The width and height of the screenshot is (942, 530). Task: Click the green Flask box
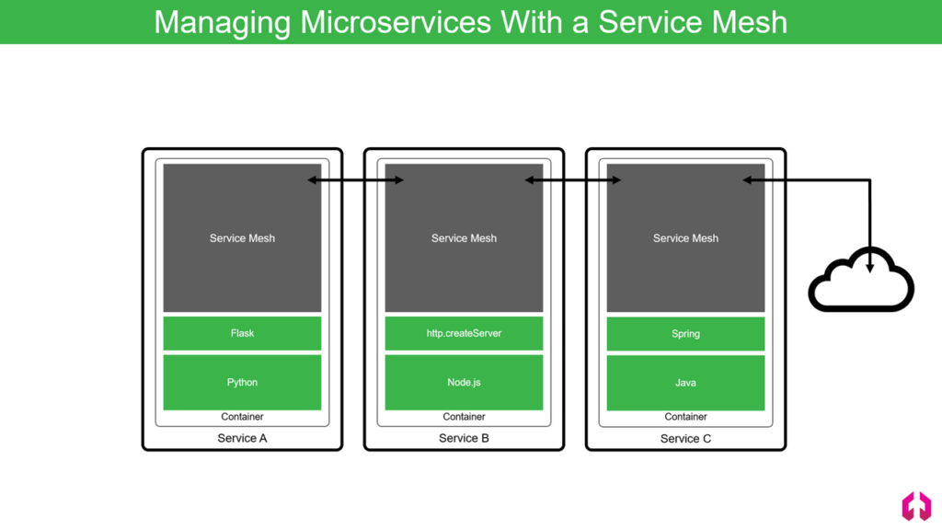pos(242,333)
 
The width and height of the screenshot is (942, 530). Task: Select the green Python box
pos(242,382)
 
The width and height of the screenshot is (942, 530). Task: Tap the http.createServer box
pos(464,333)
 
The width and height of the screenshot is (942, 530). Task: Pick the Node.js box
pos(464,382)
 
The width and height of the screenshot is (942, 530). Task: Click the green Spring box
pos(685,333)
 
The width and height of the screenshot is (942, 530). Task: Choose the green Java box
pos(685,383)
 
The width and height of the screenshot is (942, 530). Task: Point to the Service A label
pos(242,438)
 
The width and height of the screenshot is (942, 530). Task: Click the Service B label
pos(464,438)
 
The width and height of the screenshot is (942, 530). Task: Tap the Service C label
pos(685,439)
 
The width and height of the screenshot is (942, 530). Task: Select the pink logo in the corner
pos(916,505)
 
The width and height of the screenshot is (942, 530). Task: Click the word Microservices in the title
pos(396,22)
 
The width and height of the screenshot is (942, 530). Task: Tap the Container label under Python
pos(242,417)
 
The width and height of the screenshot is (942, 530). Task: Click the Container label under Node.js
pos(464,417)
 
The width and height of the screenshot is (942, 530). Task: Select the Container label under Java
pos(685,417)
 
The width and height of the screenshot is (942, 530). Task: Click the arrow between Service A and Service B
pos(356,179)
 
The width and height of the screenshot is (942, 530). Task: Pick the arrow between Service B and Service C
pos(573,179)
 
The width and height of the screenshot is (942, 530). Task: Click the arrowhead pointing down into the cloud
pos(870,268)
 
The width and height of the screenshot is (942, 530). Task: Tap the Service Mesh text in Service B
pos(464,238)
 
